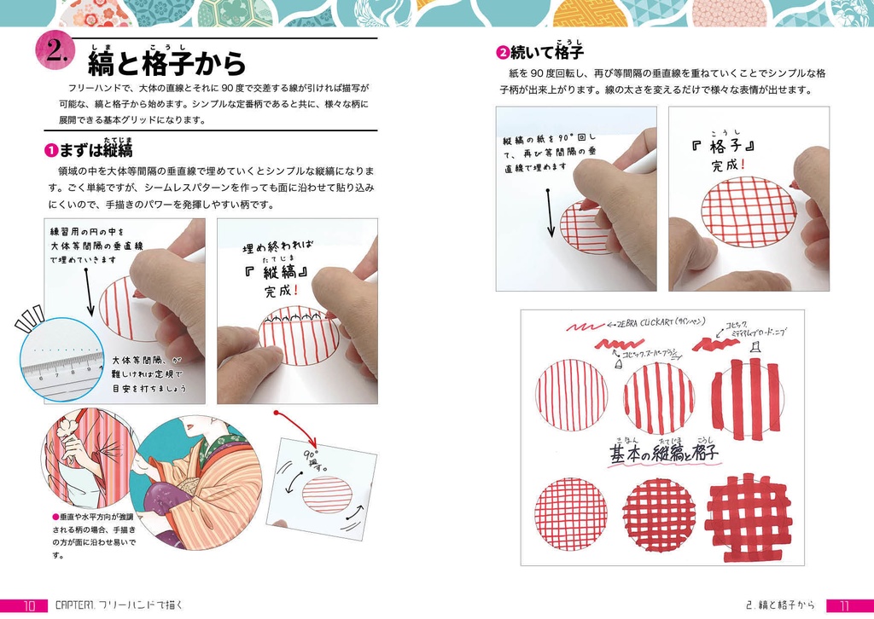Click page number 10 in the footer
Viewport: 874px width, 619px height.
tap(28, 605)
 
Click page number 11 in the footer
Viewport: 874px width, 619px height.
tap(843, 605)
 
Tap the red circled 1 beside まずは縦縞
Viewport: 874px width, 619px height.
tap(51, 151)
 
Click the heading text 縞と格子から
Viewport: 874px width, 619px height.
tap(166, 62)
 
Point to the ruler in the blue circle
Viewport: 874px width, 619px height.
tap(62, 365)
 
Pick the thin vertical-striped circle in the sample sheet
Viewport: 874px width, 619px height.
tap(571, 396)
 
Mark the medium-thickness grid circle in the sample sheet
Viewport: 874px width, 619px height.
tap(658, 513)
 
